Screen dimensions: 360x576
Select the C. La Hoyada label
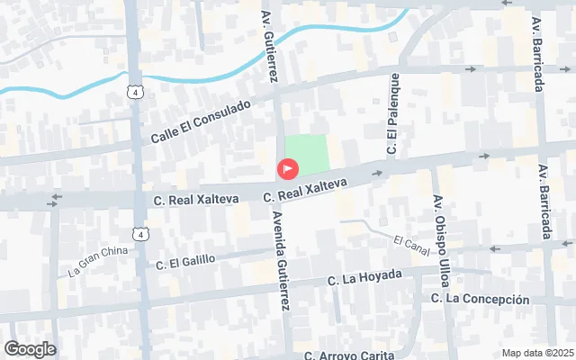click(364, 277)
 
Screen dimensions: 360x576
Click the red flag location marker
click(288, 168)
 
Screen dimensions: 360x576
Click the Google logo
click(30, 349)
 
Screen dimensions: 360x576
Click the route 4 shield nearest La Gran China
click(140, 234)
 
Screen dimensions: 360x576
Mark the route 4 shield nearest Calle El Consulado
click(133, 92)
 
